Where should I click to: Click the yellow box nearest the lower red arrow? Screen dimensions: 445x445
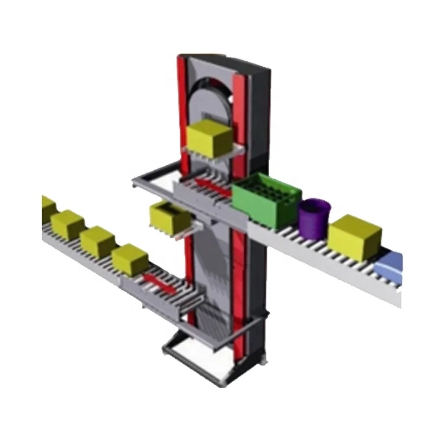[x=130, y=259]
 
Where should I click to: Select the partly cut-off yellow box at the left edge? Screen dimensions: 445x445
[x=47, y=207]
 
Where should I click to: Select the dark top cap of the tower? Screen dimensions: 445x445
[x=228, y=61]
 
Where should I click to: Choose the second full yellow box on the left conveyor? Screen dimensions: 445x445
[x=97, y=241]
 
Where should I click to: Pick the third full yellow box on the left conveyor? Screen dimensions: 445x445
[x=130, y=259]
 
